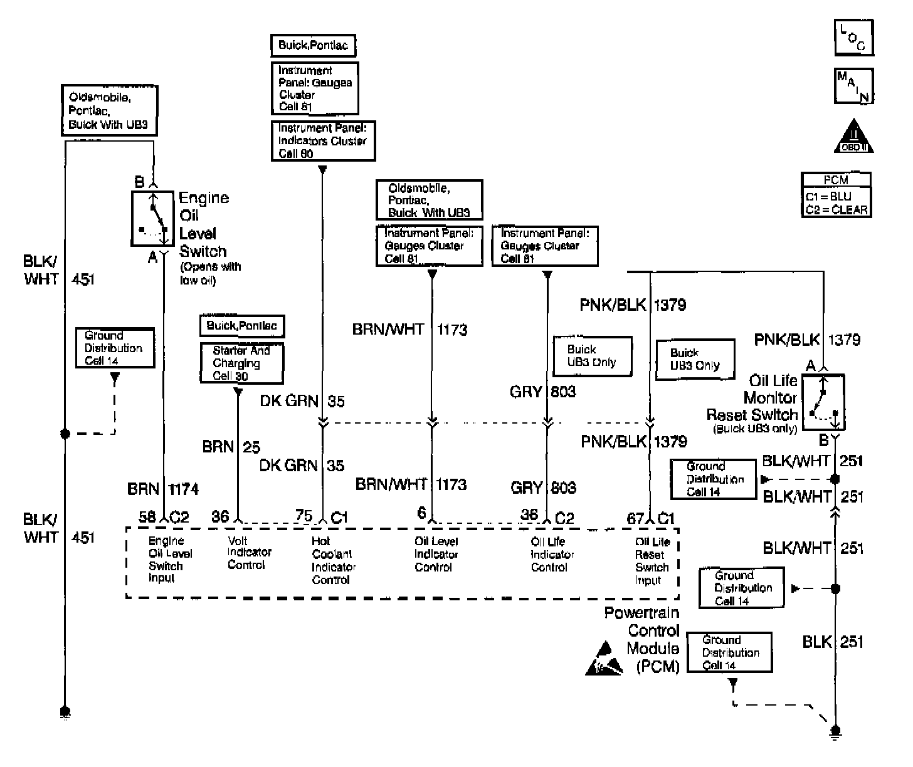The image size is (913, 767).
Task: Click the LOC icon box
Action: click(x=853, y=37)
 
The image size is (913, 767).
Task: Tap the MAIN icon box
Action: click(x=853, y=86)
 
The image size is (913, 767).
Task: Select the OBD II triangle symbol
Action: click(x=853, y=137)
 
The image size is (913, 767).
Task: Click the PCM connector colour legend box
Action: click(x=836, y=195)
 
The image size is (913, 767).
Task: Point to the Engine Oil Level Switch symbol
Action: click(x=152, y=218)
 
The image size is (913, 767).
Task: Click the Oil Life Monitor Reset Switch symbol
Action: click(x=823, y=402)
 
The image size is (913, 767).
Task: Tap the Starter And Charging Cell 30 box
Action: click(x=241, y=363)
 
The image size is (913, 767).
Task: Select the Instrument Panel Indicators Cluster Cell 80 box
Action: click(x=323, y=140)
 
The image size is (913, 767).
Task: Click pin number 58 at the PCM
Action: click(x=147, y=517)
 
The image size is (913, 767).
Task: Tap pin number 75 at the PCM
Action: click(x=304, y=516)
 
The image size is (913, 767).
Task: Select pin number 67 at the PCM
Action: click(x=635, y=518)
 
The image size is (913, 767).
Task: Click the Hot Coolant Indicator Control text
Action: click(x=333, y=560)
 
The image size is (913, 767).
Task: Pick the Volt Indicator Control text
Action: click(x=249, y=553)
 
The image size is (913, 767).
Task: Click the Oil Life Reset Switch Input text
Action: click(x=652, y=560)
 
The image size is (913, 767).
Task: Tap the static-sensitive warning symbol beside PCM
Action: click(x=604, y=659)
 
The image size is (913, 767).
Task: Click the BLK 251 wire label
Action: click(x=832, y=642)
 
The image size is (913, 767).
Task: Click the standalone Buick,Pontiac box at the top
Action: click(x=313, y=45)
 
